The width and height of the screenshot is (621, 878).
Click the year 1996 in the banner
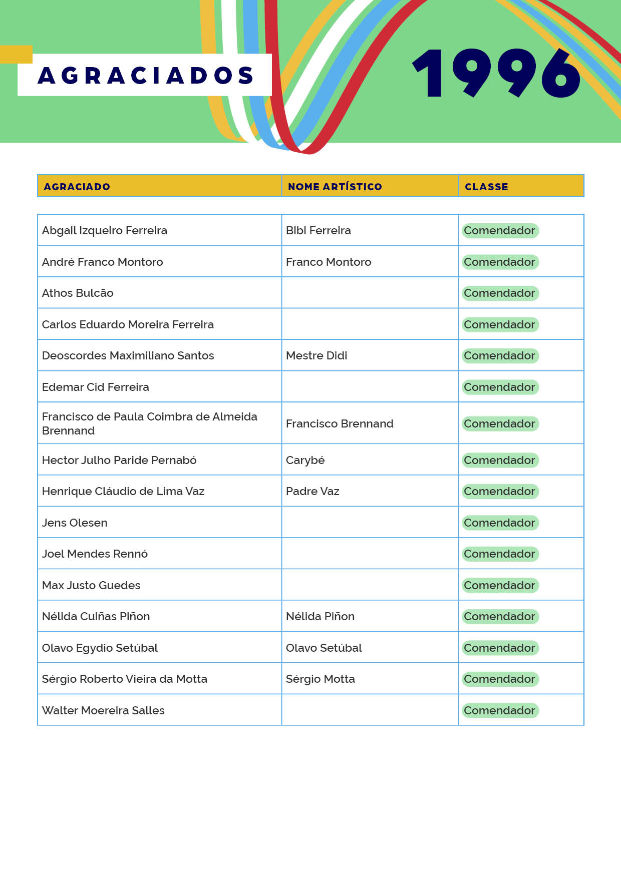(x=496, y=74)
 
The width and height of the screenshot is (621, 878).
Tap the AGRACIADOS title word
(x=145, y=76)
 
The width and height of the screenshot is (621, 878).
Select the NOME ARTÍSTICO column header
(x=335, y=187)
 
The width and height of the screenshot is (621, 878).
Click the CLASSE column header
(x=486, y=187)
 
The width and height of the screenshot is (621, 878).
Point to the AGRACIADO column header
(x=77, y=187)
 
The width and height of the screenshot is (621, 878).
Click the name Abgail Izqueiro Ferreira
(x=105, y=231)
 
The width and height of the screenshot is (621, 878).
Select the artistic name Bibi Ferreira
(x=318, y=231)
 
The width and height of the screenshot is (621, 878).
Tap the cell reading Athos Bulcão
(x=78, y=293)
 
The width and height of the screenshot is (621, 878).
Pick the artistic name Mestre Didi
(x=316, y=356)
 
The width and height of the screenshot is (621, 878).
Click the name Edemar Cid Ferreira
(x=95, y=387)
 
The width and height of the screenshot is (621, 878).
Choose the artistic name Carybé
(x=305, y=461)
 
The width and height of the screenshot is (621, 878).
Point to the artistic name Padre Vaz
(x=313, y=492)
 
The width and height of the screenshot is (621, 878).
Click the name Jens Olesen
(x=75, y=523)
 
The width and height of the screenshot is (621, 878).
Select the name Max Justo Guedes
(x=91, y=586)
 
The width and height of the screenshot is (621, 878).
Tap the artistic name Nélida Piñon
(x=320, y=617)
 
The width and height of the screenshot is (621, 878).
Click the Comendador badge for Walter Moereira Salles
(x=499, y=711)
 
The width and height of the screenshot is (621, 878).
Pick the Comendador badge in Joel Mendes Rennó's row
(x=499, y=554)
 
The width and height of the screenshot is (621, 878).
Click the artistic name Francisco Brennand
(x=340, y=424)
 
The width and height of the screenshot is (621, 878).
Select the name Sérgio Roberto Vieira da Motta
(x=125, y=679)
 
